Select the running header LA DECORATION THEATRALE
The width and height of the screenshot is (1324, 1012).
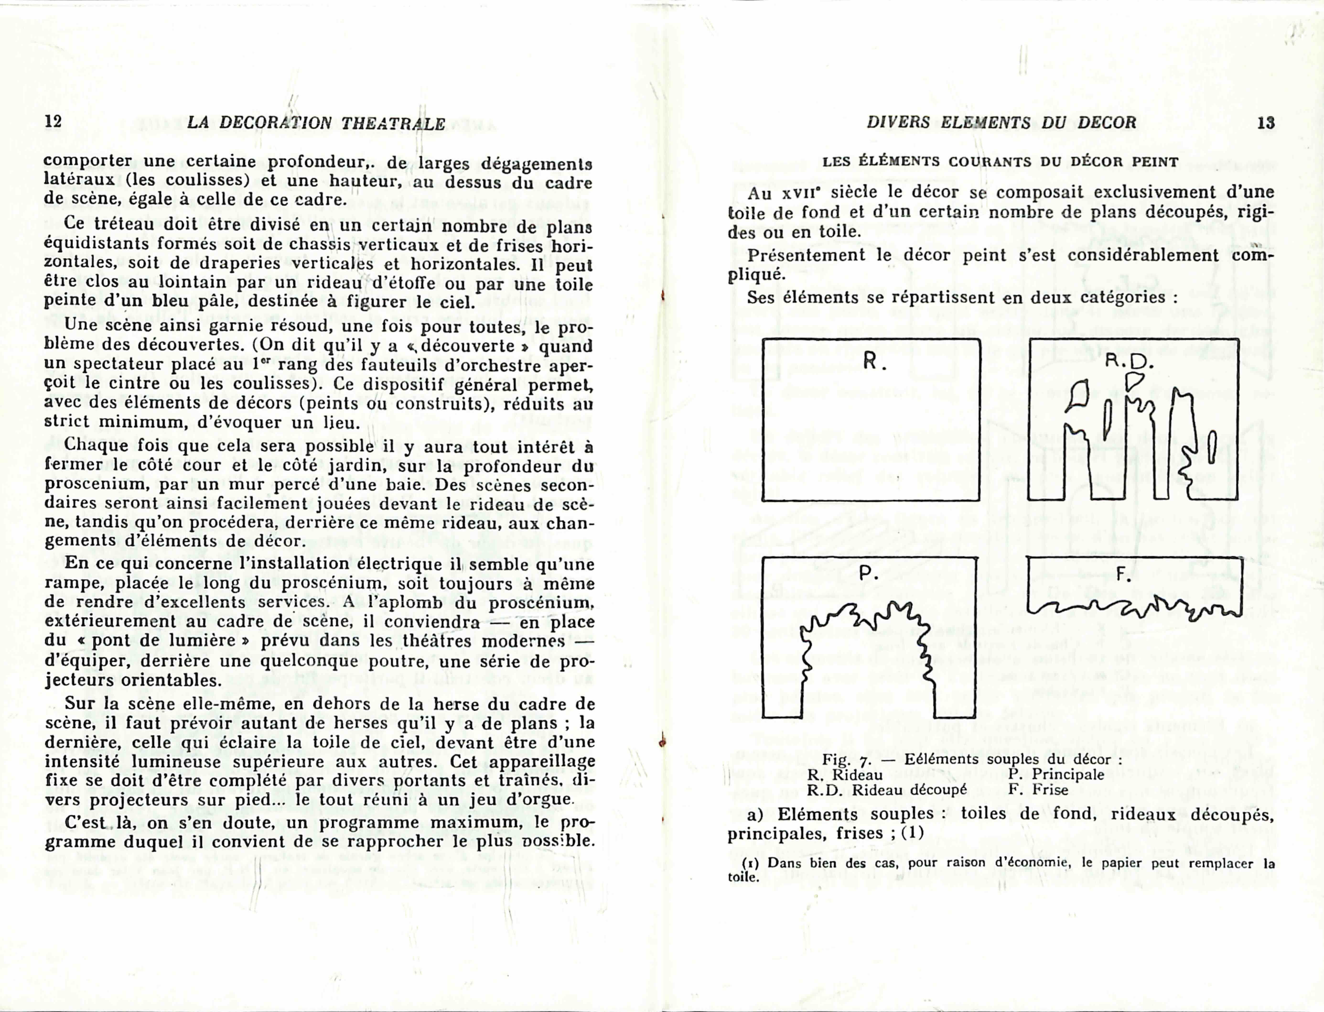coord(316,124)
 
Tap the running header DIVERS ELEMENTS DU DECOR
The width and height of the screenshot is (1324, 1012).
coord(1001,123)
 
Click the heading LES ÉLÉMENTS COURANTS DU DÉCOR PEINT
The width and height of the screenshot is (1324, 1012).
coord(1000,161)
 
